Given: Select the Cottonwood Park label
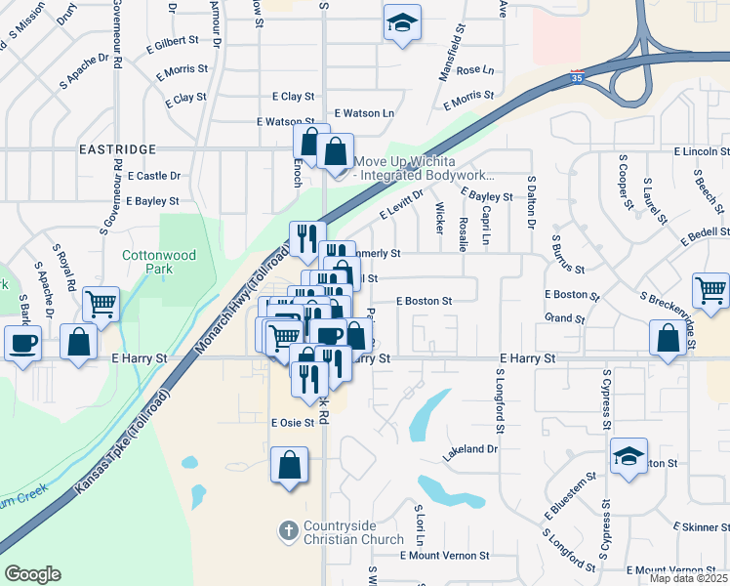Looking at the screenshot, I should tap(159, 262).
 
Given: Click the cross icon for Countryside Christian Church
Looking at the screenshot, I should tap(288, 531).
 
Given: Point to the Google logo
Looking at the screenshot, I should tap(32, 574).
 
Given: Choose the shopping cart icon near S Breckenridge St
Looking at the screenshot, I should tap(710, 289).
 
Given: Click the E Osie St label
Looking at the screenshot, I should tap(292, 423).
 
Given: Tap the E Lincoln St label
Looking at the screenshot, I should tap(701, 152).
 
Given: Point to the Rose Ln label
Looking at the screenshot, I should tap(475, 70).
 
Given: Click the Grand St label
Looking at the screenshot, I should tap(564, 318).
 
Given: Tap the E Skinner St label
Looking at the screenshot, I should tap(700, 527).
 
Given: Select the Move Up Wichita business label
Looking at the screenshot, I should tap(424, 168).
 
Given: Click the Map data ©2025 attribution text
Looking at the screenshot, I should tap(688, 578).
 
